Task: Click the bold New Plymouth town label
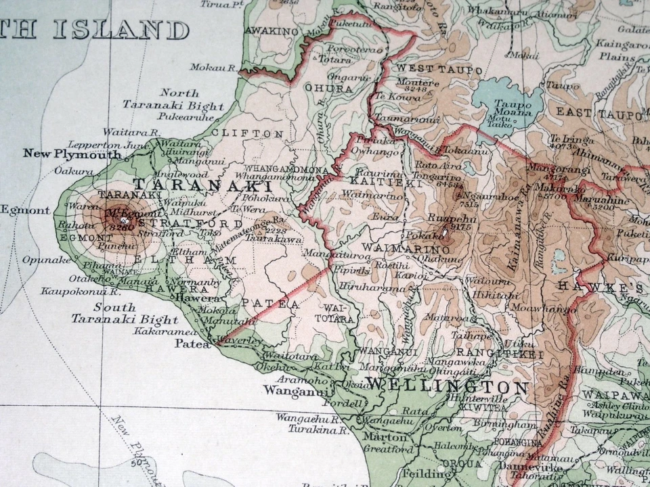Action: (72, 154)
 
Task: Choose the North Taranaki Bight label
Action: (173, 99)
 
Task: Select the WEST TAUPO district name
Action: (439, 70)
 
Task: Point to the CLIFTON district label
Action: (248, 133)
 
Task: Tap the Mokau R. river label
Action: (213, 68)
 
